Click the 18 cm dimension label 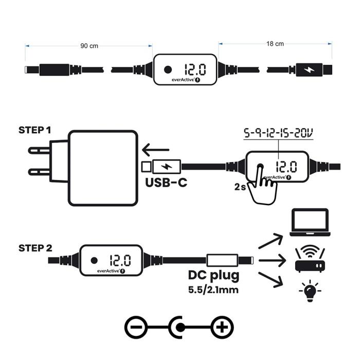(x=275, y=44)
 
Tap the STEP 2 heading (x=35, y=248)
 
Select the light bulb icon (x=310, y=291)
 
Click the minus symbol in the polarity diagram (x=136, y=327)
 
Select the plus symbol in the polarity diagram (x=222, y=327)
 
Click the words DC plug (x=213, y=276)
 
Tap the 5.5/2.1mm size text (x=213, y=290)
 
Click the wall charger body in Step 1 (x=103, y=168)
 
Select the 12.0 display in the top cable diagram (x=195, y=69)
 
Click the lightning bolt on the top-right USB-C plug (x=309, y=69)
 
